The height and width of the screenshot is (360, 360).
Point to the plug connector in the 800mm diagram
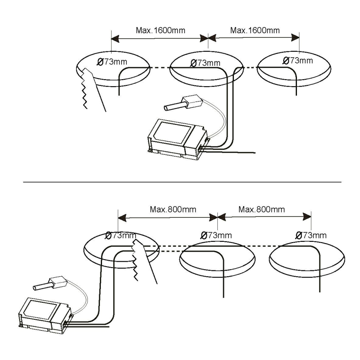click(48, 284)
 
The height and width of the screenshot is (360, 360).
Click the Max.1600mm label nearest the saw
click(161, 30)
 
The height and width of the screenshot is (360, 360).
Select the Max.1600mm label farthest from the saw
click(255, 30)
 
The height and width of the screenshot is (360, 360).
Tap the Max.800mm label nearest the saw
click(168, 209)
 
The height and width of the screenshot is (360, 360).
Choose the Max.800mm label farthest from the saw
click(262, 209)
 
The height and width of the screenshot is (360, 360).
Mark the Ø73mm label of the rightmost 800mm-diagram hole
click(311, 235)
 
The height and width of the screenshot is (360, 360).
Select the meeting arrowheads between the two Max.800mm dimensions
click(217, 216)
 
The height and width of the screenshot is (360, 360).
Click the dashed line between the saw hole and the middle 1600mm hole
click(159, 68)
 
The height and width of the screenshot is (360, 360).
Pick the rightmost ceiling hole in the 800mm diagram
click(306, 260)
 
